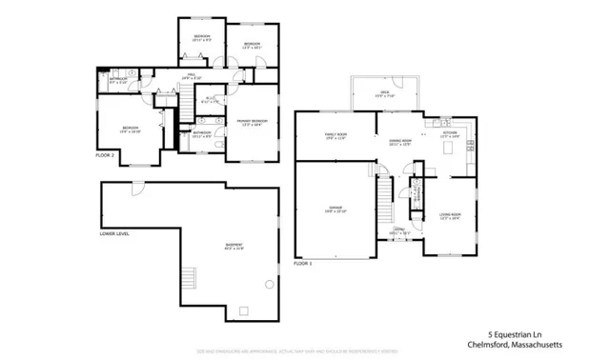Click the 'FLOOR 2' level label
tap(105, 153)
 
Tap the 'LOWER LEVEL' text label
tap(114, 231)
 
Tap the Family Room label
tap(335, 136)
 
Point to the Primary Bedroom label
tap(252, 123)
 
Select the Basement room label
tap(234, 247)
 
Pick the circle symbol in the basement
tap(270, 284)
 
